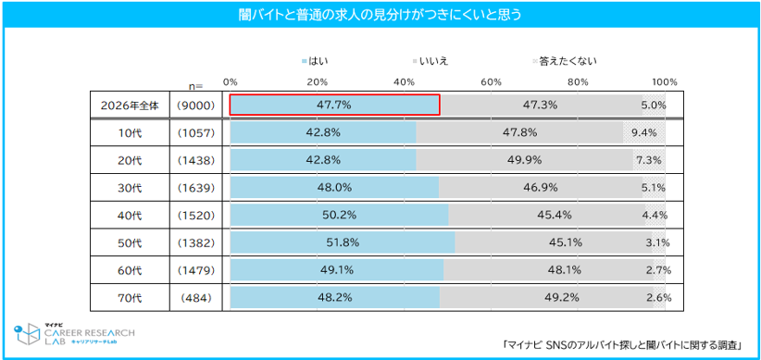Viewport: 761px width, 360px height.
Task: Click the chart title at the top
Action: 380,15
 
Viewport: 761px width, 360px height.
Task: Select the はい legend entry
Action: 318,61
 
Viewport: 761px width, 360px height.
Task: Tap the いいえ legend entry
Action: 430,61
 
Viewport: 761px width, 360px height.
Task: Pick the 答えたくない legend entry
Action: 565,61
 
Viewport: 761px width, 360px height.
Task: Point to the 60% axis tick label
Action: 492,81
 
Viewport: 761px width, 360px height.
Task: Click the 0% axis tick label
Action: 230,81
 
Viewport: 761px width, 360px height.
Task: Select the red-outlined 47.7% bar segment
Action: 335,105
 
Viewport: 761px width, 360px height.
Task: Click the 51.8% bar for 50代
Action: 343,243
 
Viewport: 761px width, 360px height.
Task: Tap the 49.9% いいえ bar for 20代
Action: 525,160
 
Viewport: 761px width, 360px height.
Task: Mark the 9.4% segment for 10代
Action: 644,132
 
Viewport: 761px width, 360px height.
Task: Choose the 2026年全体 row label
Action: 130,106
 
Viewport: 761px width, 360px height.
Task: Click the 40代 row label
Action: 130,216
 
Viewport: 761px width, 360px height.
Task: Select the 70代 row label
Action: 130,298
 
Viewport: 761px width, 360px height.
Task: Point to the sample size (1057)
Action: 196,133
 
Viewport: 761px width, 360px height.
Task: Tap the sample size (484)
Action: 196,298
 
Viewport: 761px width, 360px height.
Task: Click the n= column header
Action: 195,86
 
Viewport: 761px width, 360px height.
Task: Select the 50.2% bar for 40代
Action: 339,216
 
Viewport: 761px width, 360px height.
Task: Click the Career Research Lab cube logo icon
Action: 27,334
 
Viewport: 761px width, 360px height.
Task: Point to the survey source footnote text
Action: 621,345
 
